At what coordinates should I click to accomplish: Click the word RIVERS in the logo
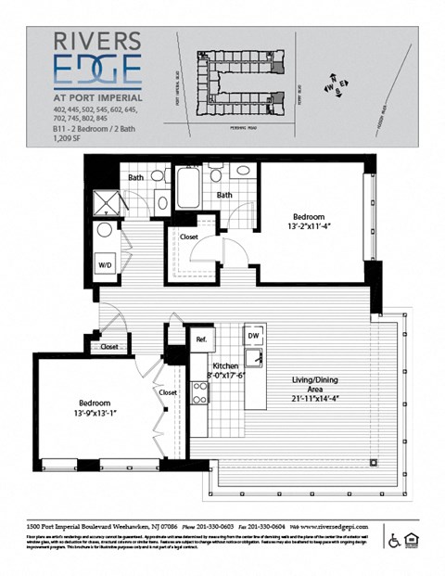point(95,42)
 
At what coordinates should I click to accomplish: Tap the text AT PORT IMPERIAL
point(96,96)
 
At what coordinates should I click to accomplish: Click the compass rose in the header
point(335,86)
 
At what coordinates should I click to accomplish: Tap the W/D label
point(104,263)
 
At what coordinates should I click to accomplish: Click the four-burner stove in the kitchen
point(199,392)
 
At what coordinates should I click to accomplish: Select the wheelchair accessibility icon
point(393,541)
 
